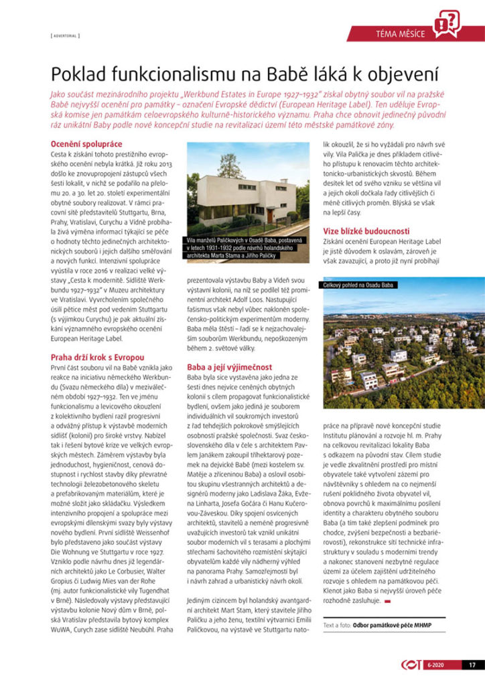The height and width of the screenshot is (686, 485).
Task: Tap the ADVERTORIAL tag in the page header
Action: [65, 35]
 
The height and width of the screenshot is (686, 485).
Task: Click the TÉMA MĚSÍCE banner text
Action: [400, 34]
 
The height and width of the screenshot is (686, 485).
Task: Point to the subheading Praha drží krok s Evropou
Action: [97, 358]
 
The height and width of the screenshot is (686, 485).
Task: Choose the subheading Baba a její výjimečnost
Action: [229, 367]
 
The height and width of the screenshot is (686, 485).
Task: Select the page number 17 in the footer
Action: [472, 665]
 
